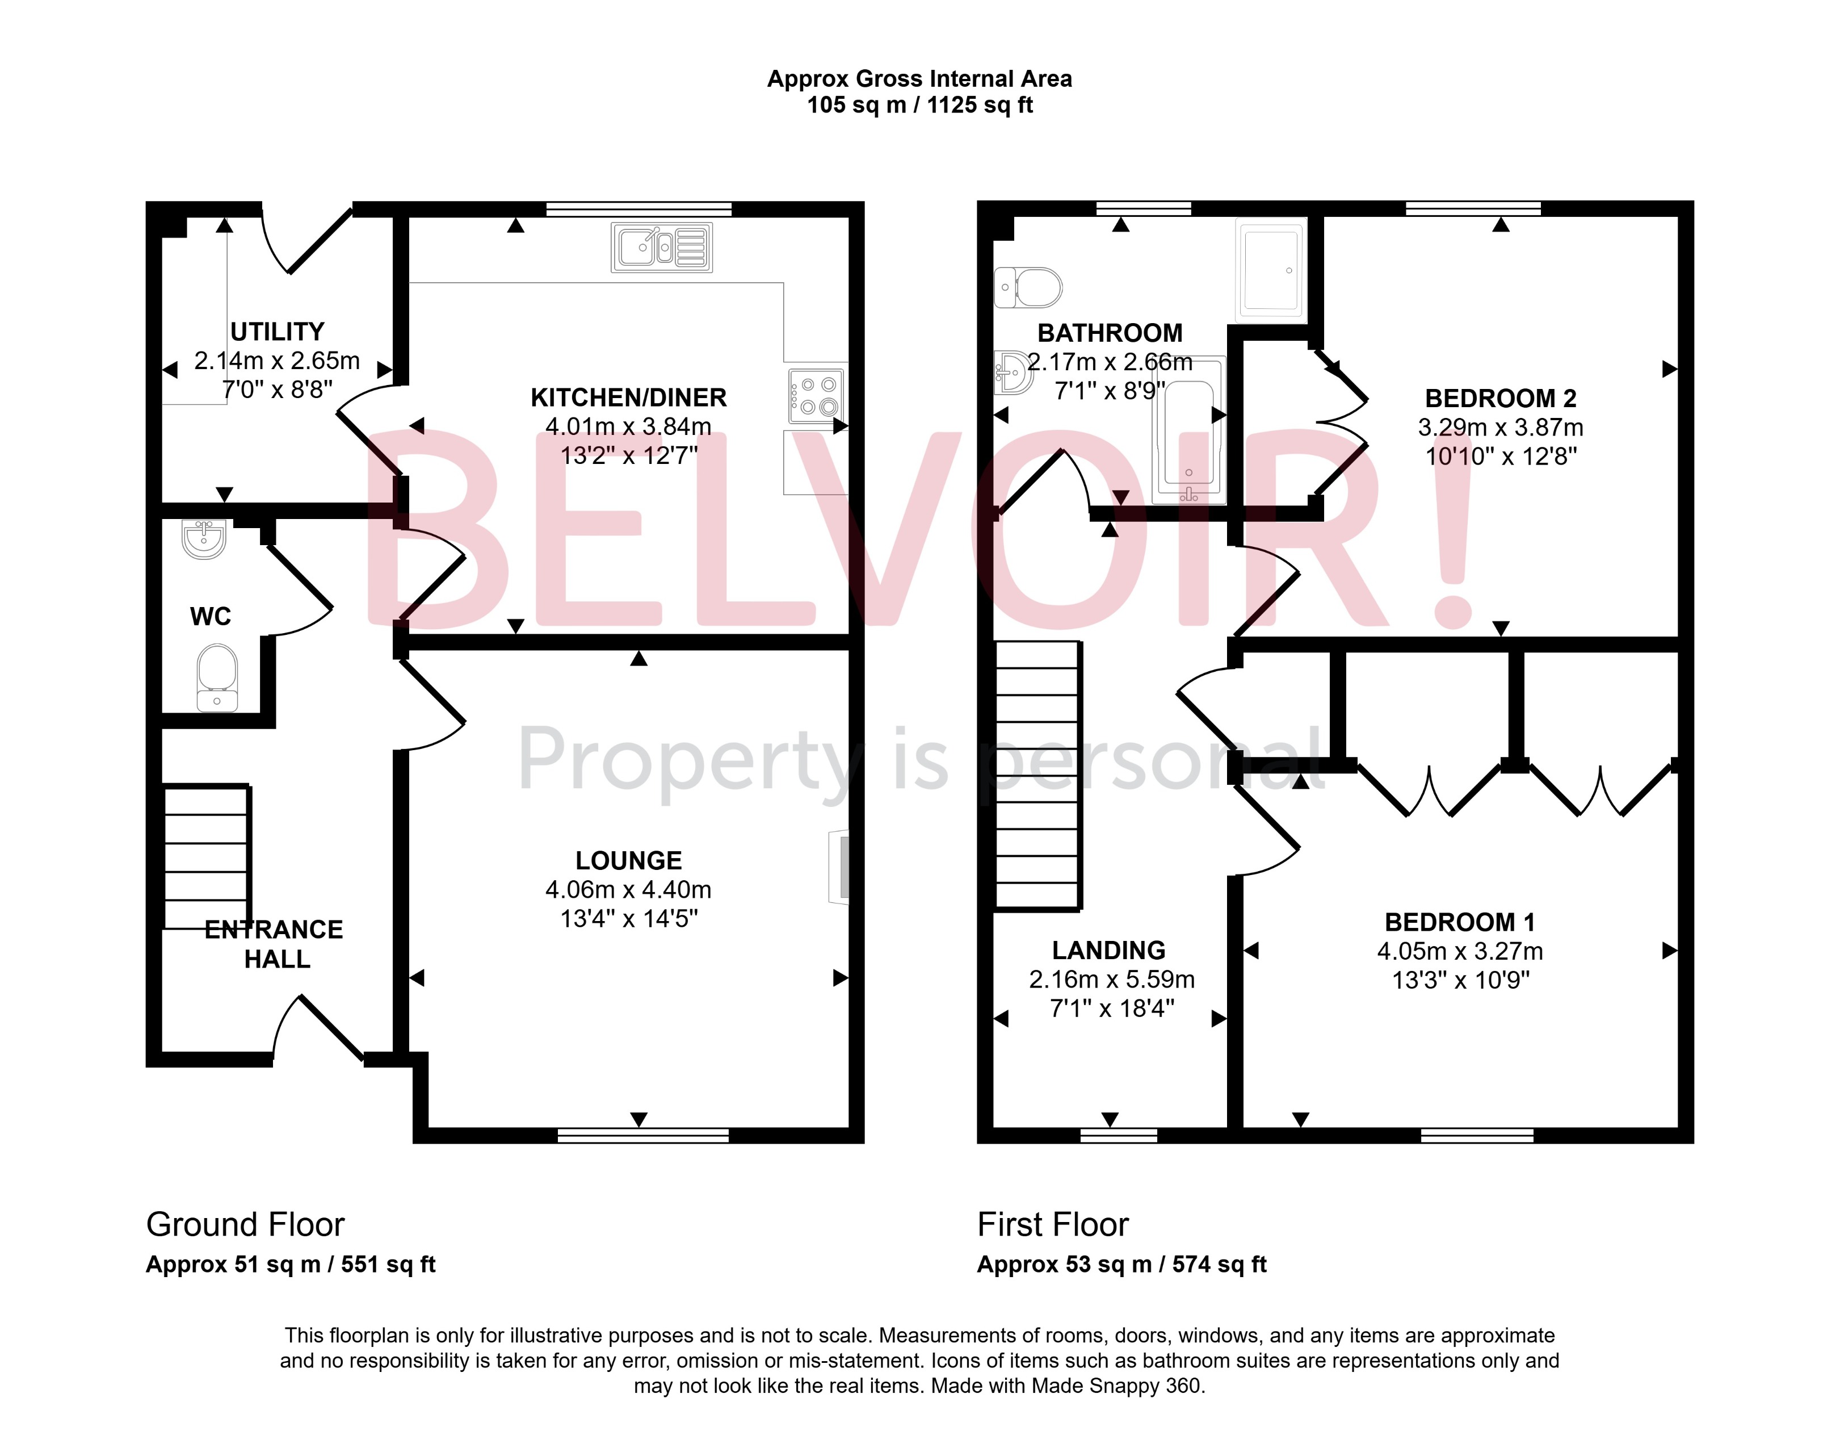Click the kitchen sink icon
[661, 247]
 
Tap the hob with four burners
[816, 396]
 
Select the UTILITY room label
[277, 331]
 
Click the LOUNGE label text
[628, 860]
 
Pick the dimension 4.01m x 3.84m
[628, 426]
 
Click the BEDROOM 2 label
[1501, 397]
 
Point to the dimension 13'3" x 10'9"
[1460, 980]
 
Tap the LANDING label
[1109, 951]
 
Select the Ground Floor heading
[245, 1224]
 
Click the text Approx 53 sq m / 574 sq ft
[1121, 1264]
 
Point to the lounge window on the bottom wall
[643, 1135]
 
